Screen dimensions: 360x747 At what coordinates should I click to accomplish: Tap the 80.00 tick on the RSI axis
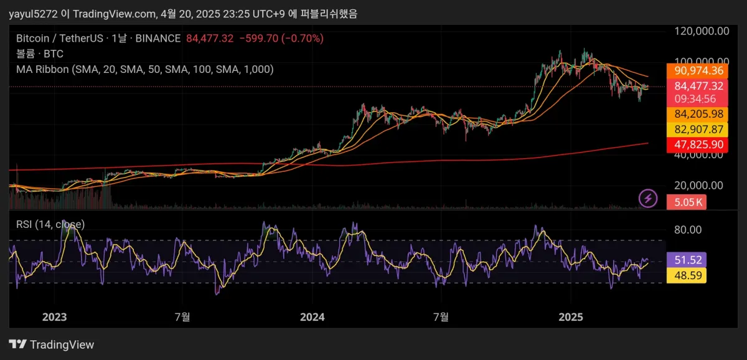(688, 230)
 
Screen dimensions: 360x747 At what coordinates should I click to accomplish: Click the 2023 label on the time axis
(54, 317)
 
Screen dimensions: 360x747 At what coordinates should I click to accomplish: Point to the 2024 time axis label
(312, 317)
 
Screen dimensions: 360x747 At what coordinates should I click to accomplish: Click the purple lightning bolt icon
(649, 199)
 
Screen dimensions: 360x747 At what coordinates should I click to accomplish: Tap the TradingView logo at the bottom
(52, 344)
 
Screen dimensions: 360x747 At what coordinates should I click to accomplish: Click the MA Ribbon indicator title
(144, 69)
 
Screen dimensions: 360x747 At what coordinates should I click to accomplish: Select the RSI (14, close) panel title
(50, 224)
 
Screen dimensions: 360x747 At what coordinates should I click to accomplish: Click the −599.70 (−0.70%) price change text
(281, 39)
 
